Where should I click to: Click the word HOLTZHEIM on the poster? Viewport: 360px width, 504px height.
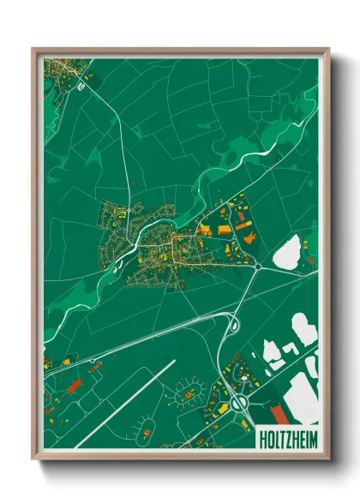point(285,443)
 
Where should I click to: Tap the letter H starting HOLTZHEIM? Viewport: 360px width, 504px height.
point(261,443)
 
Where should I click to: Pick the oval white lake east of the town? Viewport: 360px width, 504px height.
point(286,252)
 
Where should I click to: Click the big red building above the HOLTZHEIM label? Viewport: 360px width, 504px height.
point(278,417)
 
